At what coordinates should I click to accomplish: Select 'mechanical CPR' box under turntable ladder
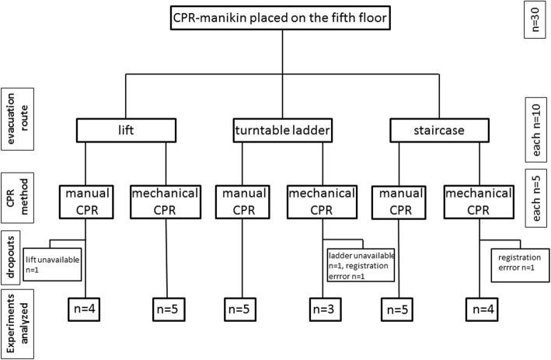click(322, 200)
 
